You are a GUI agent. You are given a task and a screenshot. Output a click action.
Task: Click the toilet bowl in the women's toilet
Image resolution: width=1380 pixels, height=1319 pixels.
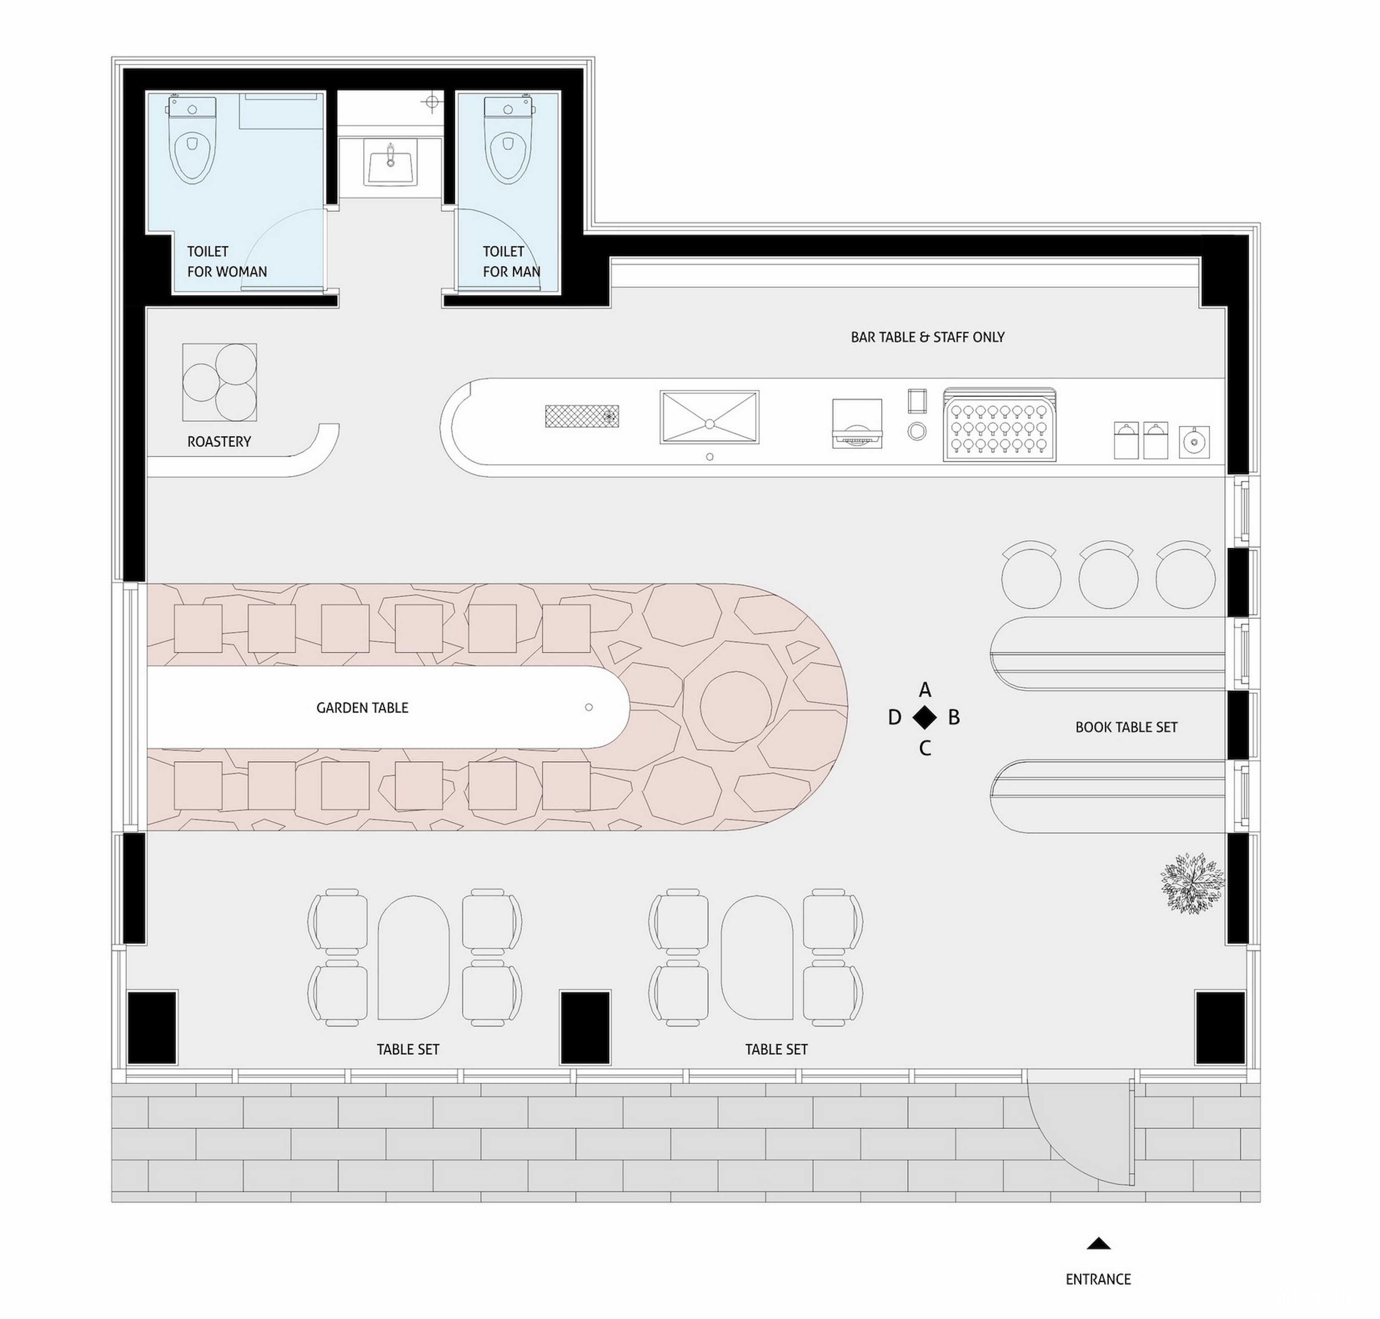(192, 140)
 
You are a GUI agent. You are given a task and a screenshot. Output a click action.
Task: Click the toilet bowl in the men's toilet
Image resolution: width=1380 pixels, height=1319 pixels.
(507, 140)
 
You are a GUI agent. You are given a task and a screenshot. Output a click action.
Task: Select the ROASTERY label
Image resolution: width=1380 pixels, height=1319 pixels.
(218, 441)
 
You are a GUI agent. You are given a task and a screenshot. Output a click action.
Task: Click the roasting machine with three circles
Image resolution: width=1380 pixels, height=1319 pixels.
(219, 382)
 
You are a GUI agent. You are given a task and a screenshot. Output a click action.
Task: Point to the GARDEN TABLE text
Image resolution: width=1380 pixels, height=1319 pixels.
(362, 707)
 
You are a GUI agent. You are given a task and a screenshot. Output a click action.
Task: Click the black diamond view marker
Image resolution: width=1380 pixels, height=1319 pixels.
(924, 717)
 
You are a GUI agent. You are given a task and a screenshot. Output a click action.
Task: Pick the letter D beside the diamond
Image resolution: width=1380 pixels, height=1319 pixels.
(894, 717)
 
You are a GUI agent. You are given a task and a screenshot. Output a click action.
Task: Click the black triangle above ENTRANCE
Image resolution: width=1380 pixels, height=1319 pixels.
(1098, 1244)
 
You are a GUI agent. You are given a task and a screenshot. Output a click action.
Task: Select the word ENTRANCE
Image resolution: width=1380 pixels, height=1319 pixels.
(1098, 1279)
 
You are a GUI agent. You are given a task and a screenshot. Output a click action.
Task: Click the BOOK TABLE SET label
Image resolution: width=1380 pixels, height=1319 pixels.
(1126, 727)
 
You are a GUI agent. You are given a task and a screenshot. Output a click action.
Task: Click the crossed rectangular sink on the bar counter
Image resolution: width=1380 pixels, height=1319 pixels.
(709, 417)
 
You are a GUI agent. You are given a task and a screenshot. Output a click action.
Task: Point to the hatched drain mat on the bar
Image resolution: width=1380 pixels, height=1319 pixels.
(581, 416)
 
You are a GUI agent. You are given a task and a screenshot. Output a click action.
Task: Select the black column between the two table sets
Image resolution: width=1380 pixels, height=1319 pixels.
(585, 1027)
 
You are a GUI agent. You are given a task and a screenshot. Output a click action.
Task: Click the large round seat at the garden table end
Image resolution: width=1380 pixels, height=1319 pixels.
(735, 707)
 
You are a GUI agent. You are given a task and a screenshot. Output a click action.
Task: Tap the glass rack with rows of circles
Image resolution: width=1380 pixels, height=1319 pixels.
(999, 425)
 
